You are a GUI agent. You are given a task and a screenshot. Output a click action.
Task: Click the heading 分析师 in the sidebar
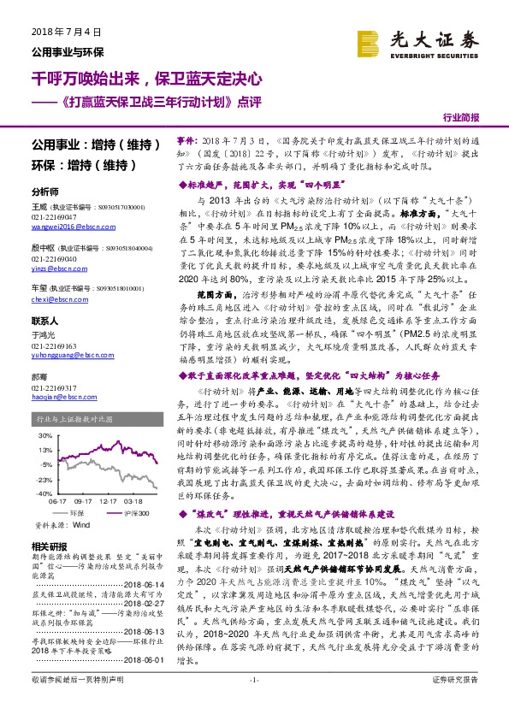(x=44, y=192)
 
